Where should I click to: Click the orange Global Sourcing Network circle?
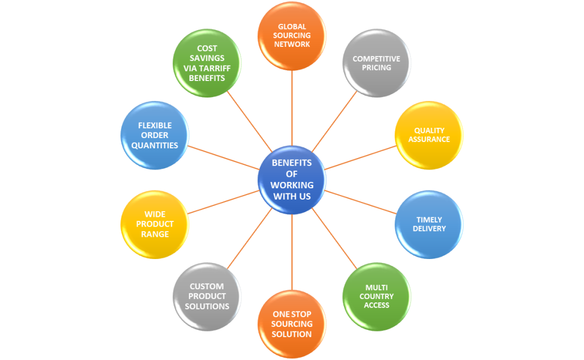click(x=291, y=35)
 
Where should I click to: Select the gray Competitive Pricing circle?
click(x=376, y=63)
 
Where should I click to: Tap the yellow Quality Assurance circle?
click(x=428, y=135)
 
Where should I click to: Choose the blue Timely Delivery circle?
click(x=429, y=224)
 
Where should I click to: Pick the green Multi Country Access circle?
click(x=376, y=296)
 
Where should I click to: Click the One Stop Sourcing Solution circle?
click(x=291, y=323)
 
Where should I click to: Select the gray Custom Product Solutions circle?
click(x=206, y=296)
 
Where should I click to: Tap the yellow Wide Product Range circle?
click(x=155, y=224)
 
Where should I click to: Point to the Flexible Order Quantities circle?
click(x=155, y=135)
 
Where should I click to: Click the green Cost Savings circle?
click(x=206, y=63)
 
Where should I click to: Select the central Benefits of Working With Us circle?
click(x=291, y=180)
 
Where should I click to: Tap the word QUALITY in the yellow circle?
click(x=429, y=131)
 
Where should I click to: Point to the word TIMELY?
click(x=429, y=220)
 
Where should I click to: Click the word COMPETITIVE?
click(x=376, y=59)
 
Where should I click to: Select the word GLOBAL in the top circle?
click(x=292, y=26)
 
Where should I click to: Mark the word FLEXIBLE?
click(x=155, y=126)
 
